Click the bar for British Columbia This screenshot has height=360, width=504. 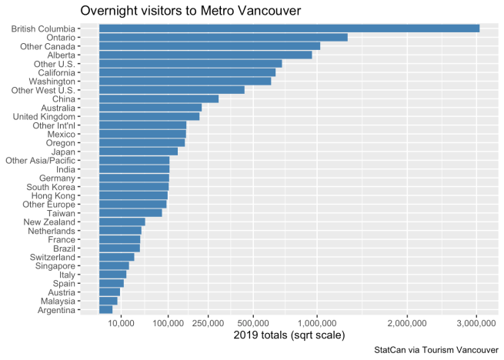289,28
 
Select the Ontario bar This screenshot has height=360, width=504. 223,37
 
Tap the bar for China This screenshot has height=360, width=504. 159,98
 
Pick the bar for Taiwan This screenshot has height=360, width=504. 130,212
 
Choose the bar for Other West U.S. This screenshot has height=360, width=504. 172,90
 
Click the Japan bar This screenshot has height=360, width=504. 138,152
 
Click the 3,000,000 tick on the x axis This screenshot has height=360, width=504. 477,323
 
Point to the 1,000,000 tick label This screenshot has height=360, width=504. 317,323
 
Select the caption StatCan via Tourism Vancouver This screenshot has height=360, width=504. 436,350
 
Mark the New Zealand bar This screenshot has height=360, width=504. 122,222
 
